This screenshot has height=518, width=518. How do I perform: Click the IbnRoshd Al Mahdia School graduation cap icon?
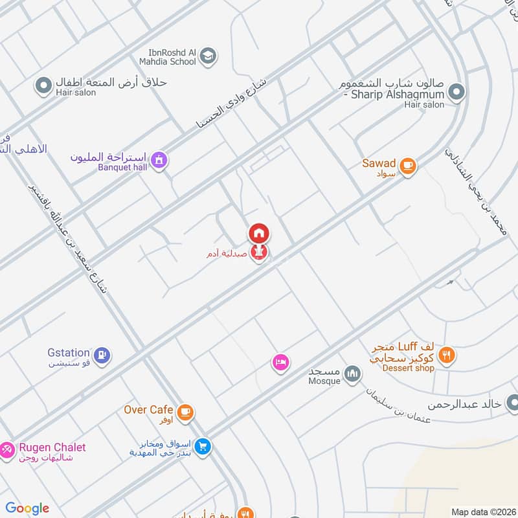click(x=208, y=55)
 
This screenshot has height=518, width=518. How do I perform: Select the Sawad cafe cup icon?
click(x=407, y=166)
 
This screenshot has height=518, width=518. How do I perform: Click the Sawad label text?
click(x=379, y=163)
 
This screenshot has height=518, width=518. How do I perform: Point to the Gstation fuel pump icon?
click(x=102, y=355)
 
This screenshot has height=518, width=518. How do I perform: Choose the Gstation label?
click(x=68, y=353)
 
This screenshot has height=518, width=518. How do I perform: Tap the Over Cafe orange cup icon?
click(x=185, y=412)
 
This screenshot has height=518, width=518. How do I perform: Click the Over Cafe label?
click(x=148, y=410)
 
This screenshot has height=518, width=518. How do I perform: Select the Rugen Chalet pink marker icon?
click(x=6, y=449)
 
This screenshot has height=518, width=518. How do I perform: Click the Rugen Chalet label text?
click(x=52, y=447)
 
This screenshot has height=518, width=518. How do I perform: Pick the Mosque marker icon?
click(x=352, y=374)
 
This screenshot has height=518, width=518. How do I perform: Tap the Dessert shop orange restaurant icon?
click(x=445, y=355)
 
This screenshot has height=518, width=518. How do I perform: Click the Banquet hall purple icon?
click(x=159, y=159)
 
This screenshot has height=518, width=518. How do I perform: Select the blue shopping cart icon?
click(x=203, y=447)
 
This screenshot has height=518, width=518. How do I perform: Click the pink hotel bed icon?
click(x=280, y=363)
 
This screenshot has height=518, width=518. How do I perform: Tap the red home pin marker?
click(x=258, y=233)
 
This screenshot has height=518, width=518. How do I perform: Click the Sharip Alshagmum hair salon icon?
click(x=457, y=93)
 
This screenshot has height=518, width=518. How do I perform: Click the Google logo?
click(x=27, y=508)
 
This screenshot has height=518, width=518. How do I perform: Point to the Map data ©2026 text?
click(x=482, y=512)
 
